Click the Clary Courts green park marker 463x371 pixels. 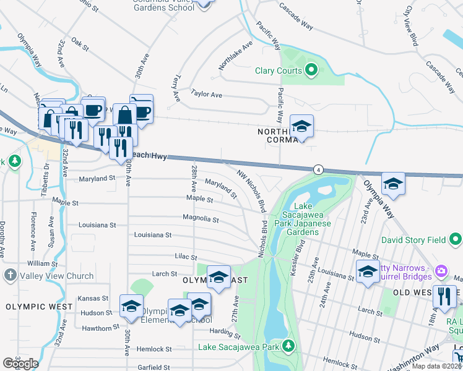coord(311,70)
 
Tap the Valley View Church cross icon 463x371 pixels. coord(10,276)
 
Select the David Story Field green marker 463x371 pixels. coord(456,239)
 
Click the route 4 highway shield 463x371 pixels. coord(318,169)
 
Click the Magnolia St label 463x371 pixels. coord(201,219)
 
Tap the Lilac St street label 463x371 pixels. coord(185,257)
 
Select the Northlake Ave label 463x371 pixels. coord(235,56)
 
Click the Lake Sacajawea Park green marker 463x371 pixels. coord(288,347)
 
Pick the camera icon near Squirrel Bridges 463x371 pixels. coord(441,270)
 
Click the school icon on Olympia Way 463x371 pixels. coord(392,184)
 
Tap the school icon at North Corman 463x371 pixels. coord(301,127)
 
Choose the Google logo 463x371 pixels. coord(20,364)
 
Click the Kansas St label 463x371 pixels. coord(93,299)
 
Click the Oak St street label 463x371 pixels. coord(80,44)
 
